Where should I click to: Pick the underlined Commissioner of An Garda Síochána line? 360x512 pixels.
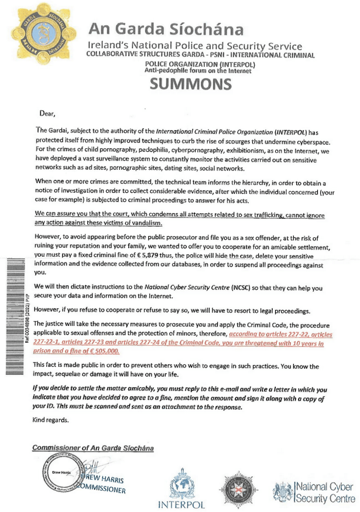[93, 448]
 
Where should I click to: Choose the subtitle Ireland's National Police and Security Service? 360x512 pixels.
[195, 46]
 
